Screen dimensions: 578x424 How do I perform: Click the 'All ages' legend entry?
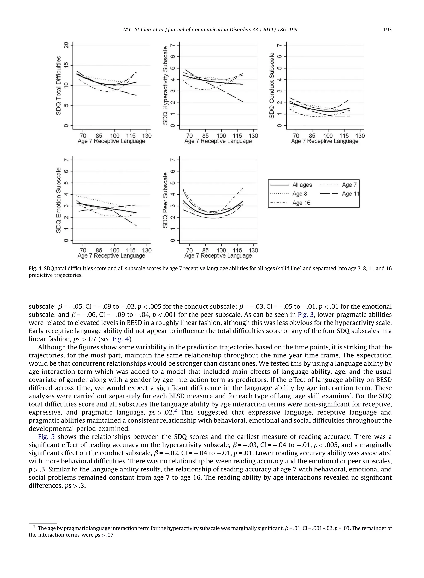click(x=302, y=185)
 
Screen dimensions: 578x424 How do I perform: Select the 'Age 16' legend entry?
click(x=301, y=203)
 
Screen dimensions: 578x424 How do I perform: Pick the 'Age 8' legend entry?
click(x=300, y=194)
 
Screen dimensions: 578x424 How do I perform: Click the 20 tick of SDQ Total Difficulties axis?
click(x=67, y=45)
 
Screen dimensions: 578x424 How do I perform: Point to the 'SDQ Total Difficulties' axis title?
click(x=59, y=85)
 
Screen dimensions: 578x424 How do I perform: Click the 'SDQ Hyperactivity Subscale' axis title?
click(x=166, y=85)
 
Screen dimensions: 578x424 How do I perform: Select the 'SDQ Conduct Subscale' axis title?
click(x=272, y=85)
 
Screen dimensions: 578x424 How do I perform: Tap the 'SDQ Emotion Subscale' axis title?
click(x=59, y=200)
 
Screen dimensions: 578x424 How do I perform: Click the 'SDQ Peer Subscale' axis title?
click(x=166, y=200)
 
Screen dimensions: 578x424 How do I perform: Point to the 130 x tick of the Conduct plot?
click(x=360, y=136)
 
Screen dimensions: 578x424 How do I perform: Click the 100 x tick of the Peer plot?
click(x=221, y=250)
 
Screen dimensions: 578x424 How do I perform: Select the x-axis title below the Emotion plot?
click(x=111, y=256)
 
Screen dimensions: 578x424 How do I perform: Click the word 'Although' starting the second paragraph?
click(x=49, y=347)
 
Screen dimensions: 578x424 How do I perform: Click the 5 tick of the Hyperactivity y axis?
click(x=174, y=68)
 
